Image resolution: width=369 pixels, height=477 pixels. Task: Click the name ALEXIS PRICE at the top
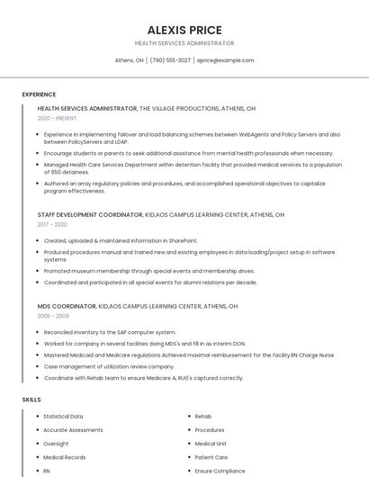click(x=184, y=30)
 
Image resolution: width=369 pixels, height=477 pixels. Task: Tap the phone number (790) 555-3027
click(x=170, y=60)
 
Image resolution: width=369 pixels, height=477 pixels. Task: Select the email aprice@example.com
click(x=225, y=60)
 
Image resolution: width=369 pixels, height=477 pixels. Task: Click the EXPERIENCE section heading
click(x=39, y=94)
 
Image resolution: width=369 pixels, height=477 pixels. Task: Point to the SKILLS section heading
click(x=31, y=399)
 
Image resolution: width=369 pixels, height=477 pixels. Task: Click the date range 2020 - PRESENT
click(x=57, y=118)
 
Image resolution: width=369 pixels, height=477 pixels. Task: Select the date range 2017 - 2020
click(x=52, y=224)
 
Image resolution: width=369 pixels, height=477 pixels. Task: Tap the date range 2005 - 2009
click(x=53, y=316)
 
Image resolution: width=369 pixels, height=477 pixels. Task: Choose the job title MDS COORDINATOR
click(x=67, y=306)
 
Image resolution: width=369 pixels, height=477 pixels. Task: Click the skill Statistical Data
click(x=63, y=417)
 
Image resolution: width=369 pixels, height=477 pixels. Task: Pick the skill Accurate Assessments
click(x=73, y=430)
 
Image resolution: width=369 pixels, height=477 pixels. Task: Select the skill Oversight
click(x=56, y=444)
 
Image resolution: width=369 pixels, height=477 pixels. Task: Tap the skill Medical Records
click(x=65, y=457)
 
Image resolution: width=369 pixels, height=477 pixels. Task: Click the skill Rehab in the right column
click(x=203, y=417)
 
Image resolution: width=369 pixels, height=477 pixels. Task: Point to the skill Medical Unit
click(x=211, y=444)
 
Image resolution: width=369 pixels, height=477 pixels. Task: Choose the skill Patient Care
click(x=211, y=457)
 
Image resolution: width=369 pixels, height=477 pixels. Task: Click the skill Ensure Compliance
click(x=220, y=471)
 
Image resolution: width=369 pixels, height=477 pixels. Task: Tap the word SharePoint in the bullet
click(x=180, y=240)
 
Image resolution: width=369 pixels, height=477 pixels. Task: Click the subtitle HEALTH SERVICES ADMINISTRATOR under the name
click(x=184, y=43)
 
